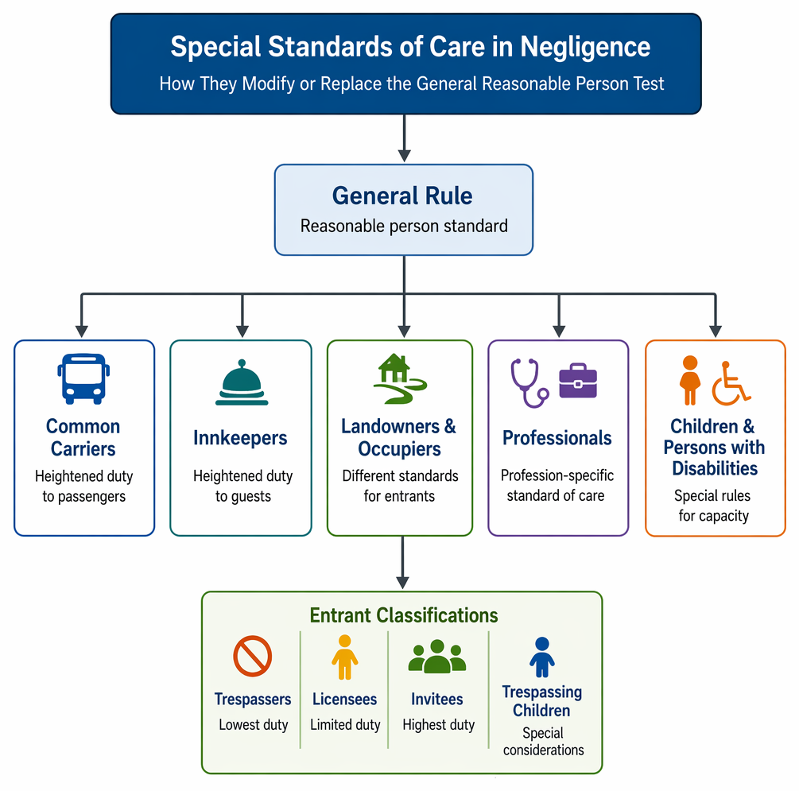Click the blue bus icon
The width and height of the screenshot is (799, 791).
(x=83, y=378)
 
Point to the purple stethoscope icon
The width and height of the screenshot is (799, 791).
(x=529, y=383)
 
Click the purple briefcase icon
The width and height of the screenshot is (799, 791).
(x=578, y=380)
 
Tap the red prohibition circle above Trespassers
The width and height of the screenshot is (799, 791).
(x=252, y=656)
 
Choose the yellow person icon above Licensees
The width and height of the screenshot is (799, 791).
(x=345, y=657)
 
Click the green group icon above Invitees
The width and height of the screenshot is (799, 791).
(x=437, y=657)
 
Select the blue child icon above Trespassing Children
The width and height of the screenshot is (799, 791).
(x=542, y=657)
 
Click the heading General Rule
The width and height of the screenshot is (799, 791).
(x=402, y=196)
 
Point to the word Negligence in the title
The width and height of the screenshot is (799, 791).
(x=585, y=48)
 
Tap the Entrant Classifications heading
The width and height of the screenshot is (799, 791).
(x=404, y=615)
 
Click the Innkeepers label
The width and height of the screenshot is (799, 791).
(x=240, y=438)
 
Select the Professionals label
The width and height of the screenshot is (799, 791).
(x=557, y=438)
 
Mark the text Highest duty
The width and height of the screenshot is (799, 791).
(x=438, y=724)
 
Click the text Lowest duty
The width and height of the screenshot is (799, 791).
(x=254, y=724)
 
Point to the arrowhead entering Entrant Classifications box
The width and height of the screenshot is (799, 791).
(x=402, y=583)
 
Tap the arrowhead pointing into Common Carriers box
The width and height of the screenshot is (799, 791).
(x=82, y=332)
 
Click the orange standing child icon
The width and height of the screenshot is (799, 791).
(x=690, y=380)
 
